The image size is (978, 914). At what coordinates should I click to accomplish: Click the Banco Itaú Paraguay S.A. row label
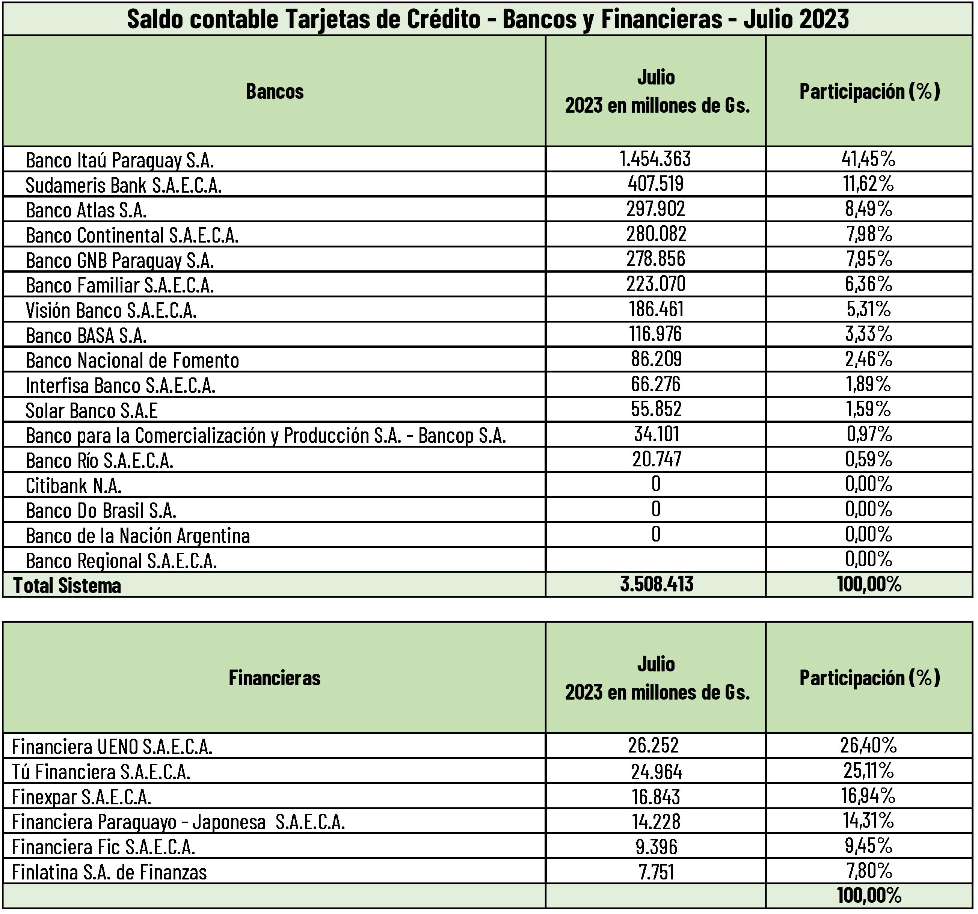tap(119, 160)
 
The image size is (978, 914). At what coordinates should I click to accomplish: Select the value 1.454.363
tap(655, 159)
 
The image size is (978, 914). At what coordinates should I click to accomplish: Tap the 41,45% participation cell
tap(868, 159)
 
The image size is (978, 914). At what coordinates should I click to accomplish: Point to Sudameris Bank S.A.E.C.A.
tap(124, 186)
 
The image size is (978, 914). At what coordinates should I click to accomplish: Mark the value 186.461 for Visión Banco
tap(656, 309)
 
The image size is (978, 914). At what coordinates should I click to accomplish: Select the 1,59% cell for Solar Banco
tap(868, 409)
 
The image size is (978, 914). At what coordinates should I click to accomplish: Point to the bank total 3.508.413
tap(656, 584)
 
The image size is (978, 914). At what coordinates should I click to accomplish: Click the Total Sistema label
tap(67, 585)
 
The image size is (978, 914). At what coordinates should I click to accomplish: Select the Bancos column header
tap(275, 92)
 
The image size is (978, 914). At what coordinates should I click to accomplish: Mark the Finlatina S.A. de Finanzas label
tap(109, 872)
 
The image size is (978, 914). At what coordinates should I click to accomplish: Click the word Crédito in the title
tap(443, 19)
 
